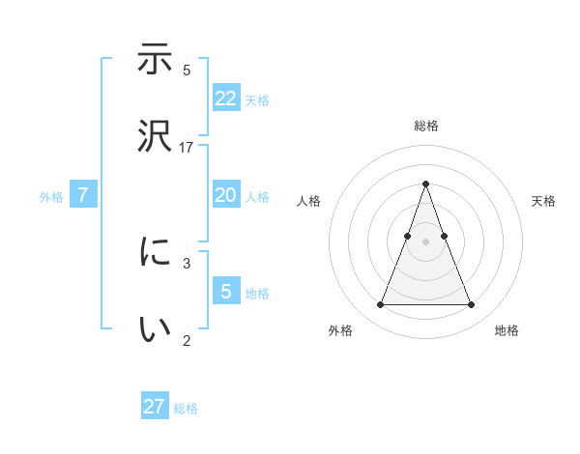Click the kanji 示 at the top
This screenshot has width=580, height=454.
pyautogui.click(x=155, y=60)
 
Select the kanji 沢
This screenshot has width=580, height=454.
pyautogui.click(x=155, y=134)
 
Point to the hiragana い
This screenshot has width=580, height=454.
pyautogui.click(x=155, y=328)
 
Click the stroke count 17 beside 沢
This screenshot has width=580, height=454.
pyautogui.click(x=187, y=147)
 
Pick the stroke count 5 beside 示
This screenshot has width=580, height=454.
pyautogui.click(x=187, y=71)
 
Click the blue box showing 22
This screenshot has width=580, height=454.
pyautogui.click(x=226, y=98)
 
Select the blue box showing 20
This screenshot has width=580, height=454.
pyautogui.click(x=226, y=195)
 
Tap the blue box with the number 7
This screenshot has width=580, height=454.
pyautogui.click(x=83, y=195)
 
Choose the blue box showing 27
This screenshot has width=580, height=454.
pyautogui.click(x=155, y=407)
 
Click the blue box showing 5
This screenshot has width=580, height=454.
pyautogui.click(x=226, y=291)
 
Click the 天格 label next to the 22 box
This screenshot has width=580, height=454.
pyautogui.click(x=257, y=99)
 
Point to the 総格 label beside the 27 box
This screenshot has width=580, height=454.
pyautogui.click(x=186, y=409)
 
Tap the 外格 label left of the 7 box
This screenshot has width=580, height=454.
pyautogui.click(x=51, y=197)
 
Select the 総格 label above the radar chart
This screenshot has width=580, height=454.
pyautogui.click(x=425, y=126)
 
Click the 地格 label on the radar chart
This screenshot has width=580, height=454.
pyautogui.click(x=507, y=330)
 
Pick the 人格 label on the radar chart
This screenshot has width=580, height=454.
pyautogui.click(x=308, y=201)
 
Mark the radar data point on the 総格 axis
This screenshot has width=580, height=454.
pyautogui.click(x=425, y=184)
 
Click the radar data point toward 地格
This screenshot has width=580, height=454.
pyautogui.click(x=471, y=305)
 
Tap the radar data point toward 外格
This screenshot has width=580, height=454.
pyautogui.click(x=380, y=305)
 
